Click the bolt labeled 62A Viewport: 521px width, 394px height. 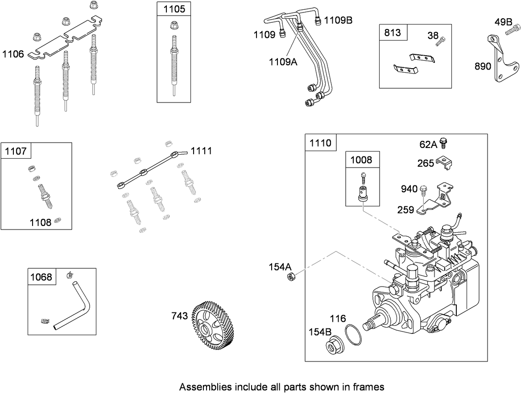tap(444, 143)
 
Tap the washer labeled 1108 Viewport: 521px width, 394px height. tap(58, 221)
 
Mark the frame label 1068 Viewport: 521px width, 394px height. tap(41, 277)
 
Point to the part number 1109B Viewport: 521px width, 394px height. tap(338, 20)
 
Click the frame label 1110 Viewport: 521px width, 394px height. tap(320, 143)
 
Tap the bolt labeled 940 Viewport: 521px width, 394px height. tap(423, 190)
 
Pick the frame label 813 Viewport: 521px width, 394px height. tap(393, 33)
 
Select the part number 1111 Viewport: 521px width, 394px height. tap(201, 151)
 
